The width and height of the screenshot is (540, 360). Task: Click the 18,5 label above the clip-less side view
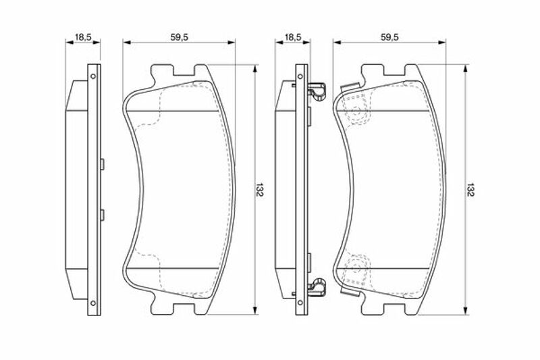click(83, 36)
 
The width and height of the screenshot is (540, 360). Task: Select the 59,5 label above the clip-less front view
click(179, 36)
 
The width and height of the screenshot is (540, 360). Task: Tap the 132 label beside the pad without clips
click(260, 190)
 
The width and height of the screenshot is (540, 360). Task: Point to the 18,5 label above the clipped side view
click(293, 36)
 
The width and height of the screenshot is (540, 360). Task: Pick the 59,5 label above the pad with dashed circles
click(389, 36)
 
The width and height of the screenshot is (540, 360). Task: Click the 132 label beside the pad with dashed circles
click(470, 190)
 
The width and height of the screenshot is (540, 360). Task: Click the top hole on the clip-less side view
click(92, 76)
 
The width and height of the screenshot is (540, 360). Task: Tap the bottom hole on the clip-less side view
click(92, 303)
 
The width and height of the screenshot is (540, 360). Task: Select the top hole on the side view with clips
click(300, 76)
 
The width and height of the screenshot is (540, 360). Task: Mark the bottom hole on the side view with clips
click(300, 303)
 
